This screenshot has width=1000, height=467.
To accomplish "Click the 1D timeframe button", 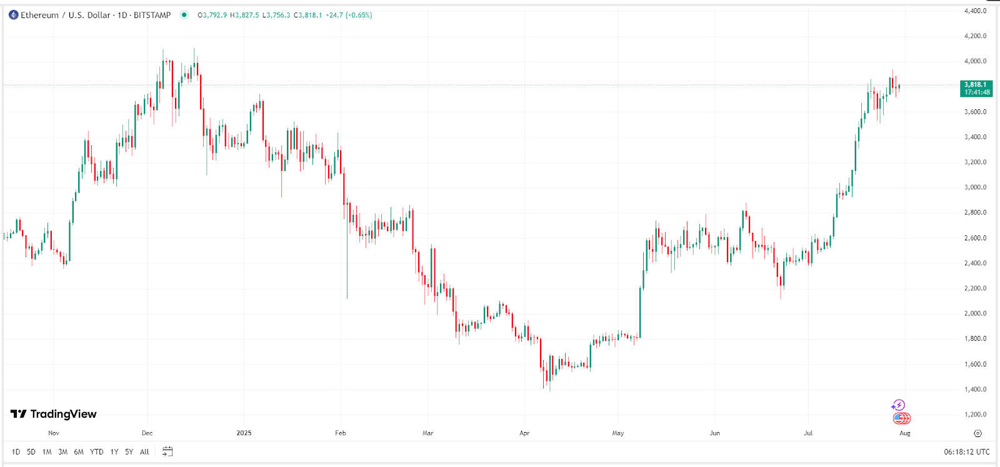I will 16,452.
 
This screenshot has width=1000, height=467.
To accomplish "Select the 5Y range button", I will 129,452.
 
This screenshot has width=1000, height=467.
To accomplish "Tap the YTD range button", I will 96,452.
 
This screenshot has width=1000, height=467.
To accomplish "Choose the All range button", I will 144,452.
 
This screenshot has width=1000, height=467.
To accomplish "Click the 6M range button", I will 79,452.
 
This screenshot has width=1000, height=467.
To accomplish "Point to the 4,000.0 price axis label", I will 975,61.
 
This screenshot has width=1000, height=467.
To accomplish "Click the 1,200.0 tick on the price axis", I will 975,415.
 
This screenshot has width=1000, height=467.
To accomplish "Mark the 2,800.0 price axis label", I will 975,213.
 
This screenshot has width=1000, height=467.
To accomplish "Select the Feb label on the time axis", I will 340,433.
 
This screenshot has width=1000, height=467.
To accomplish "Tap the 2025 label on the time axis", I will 244,433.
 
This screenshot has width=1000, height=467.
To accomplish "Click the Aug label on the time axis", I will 904,433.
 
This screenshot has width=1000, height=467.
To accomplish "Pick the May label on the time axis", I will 617,433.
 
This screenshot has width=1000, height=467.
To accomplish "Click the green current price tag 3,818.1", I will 976,88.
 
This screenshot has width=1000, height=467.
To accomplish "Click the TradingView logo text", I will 62,414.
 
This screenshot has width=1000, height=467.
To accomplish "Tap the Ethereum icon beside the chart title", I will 13,15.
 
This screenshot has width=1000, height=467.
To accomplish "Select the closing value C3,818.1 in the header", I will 307,15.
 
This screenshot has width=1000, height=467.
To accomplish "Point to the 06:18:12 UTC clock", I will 966,452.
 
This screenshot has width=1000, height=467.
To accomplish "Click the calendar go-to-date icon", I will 167,451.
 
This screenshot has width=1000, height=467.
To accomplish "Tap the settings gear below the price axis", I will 977,433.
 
